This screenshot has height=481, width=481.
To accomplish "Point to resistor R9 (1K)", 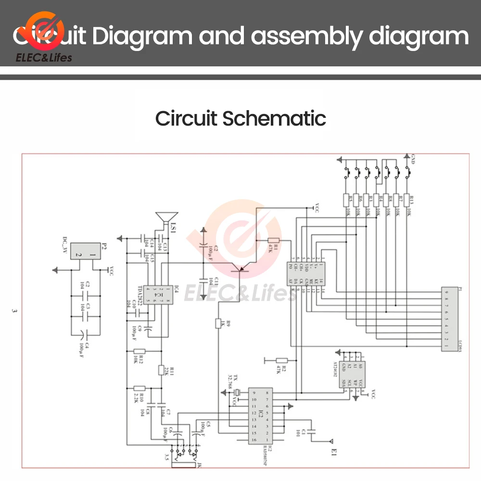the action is click(218, 323).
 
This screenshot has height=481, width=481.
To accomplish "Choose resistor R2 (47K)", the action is click(281, 360).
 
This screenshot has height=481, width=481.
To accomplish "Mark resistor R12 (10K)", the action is click(139, 352).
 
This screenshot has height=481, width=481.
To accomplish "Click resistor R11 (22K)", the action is click(162, 369).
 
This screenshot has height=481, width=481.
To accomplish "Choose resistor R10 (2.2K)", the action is click(139, 388).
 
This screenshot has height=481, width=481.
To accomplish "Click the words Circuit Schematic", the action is click(240, 118).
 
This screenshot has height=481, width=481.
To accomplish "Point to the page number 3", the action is click(14, 311).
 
